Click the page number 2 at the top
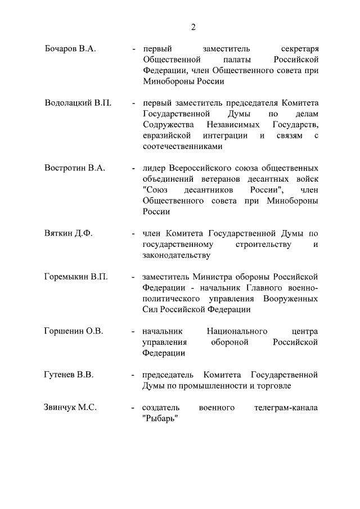[x=192, y=26]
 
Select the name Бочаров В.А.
[x=70, y=48]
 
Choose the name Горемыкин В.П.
[x=75, y=277]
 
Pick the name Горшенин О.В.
[x=74, y=331]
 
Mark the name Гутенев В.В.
[x=69, y=375]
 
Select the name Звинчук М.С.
[x=70, y=407]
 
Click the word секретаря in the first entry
[x=299, y=48]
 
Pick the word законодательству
[x=177, y=255]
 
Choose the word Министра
[x=217, y=277]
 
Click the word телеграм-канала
[x=286, y=407]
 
